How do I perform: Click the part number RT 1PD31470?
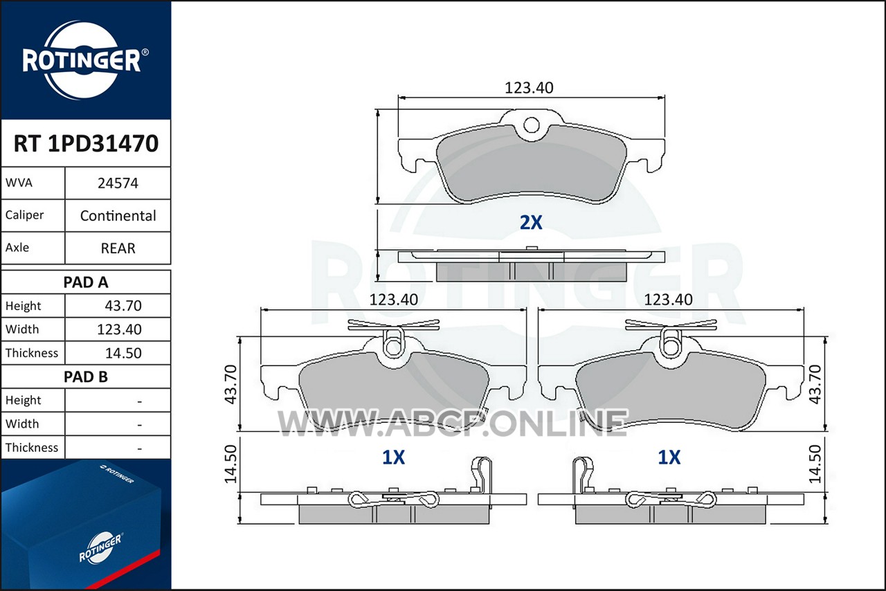[86, 143]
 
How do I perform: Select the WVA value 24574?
[118, 183]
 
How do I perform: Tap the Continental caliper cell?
[118, 216]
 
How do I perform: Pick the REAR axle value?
[118, 248]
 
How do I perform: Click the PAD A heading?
[86, 282]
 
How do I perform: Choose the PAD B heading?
[86, 376]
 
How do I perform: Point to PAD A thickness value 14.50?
[123, 353]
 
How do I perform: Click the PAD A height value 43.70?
[123, 305]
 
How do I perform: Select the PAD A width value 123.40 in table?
[119, 329]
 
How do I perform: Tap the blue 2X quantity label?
[531, 222]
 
